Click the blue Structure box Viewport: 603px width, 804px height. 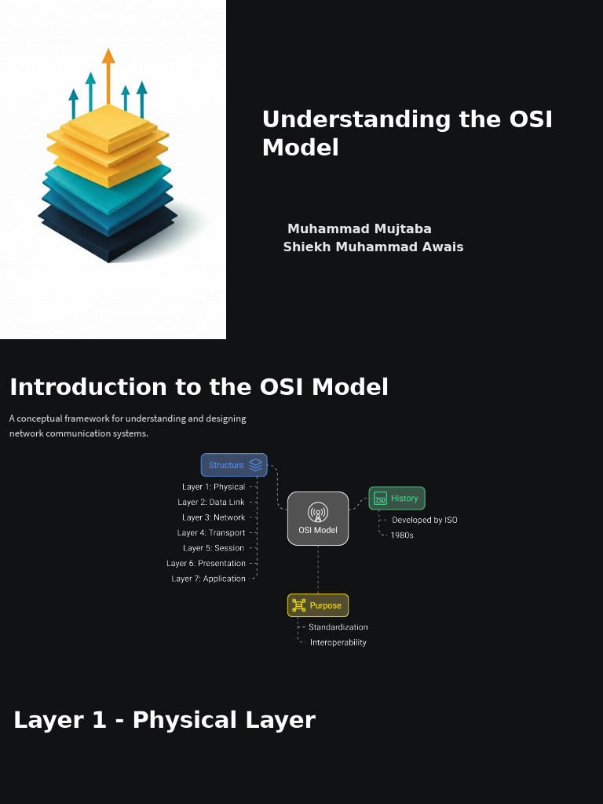click(x=233, y=465)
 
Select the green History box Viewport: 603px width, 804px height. click(x=397, y=498)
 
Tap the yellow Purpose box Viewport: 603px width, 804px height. click(x=317, y=605)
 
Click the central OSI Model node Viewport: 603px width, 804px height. click(x=318, y=518)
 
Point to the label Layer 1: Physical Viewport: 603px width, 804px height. click(x=214, y=487)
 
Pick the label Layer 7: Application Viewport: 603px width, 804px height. click(x=209, y=579)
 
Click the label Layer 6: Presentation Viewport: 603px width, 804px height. click(x=206, y=564)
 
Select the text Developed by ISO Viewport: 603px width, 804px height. click(x=424, y=520)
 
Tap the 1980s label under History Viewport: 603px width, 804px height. click(x=402, y=535)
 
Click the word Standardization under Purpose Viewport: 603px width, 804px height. click(x=338, y=627)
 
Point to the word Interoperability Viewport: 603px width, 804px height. click(x=338, y=642)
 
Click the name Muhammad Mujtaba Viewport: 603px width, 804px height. click(x=360, y=229)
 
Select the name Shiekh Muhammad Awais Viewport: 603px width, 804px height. click(x=373, y=247)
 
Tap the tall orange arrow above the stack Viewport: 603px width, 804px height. click(x=108, y=79)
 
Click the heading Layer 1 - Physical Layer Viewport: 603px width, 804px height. click(x=164, y=720)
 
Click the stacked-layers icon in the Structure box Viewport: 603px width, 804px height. click(x=255, y=465)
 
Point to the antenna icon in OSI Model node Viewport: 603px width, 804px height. click(x=318, y=512)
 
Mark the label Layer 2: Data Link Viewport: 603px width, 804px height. click(x=211, y=502)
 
